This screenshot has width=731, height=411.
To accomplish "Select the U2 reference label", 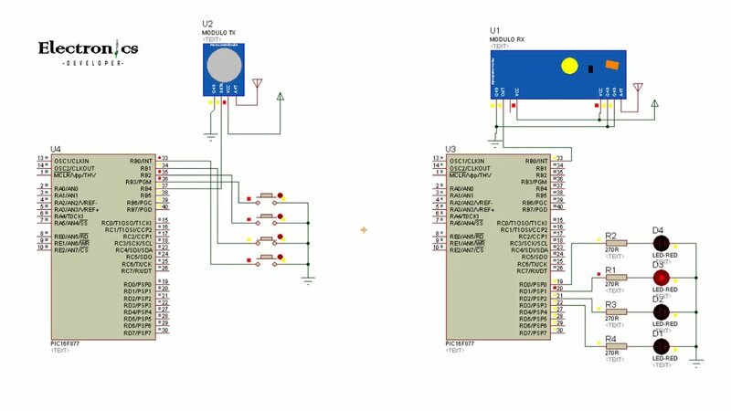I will click(x=207, y=23).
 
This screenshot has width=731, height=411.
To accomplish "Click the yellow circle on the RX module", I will click(x=569, y=66).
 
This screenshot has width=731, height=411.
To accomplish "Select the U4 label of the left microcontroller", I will click(x=56, y=149).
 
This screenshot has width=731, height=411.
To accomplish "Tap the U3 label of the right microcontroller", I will click(x=450, y=149).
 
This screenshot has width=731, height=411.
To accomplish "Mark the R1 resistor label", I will click(x=610, y=270).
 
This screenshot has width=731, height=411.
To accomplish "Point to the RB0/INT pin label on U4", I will click(x=140, y=161).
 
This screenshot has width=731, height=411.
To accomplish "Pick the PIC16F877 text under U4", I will click(x=66, y=343).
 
